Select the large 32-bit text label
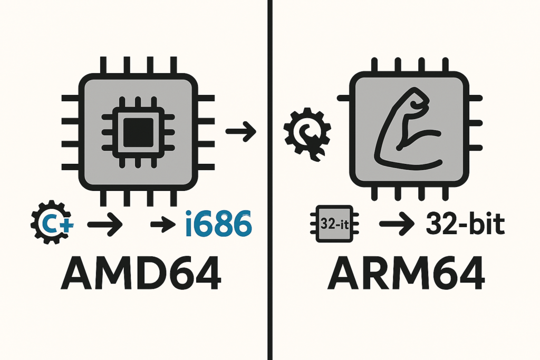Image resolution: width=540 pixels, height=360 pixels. (464, 226)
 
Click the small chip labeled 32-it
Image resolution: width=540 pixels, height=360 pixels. (334, 223)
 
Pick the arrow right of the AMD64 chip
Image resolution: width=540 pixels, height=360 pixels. (240, 131)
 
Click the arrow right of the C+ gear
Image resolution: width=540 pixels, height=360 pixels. (104, 226)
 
